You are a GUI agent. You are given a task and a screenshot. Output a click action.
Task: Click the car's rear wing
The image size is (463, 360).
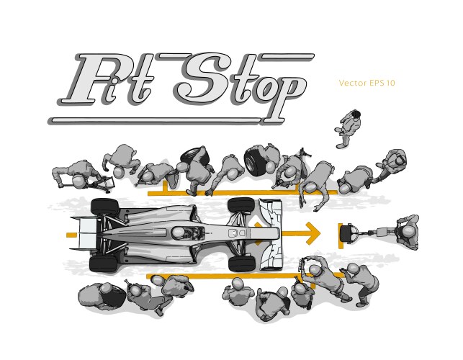(84, 233)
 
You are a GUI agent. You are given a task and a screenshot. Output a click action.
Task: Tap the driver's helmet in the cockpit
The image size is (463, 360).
(179, 233)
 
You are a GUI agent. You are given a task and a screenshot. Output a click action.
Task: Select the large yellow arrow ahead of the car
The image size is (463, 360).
(301, 233)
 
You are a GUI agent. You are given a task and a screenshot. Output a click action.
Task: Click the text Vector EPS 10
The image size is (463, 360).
(367, 83)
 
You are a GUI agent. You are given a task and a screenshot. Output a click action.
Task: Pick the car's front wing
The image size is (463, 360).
(271, 235)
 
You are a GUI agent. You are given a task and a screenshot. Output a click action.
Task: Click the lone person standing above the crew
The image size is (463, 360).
(349, 128)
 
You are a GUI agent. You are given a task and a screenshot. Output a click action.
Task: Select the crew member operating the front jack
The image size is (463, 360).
(408, 233)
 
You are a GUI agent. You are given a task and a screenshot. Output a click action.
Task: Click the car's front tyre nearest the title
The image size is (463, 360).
(241, 205)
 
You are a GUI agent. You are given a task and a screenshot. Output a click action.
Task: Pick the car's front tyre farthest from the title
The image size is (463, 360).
(242, 264)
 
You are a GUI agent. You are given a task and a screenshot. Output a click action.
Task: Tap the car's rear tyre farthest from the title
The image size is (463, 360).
(104, 264)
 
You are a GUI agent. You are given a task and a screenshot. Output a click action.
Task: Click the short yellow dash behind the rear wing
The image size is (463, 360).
(71, 235)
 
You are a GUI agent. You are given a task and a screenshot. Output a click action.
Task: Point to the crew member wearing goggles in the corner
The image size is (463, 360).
(393, 164)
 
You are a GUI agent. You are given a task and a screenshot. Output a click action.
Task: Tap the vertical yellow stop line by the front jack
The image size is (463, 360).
(341, 235)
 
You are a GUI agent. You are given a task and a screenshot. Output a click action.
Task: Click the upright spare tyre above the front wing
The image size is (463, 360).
(255, 161)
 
